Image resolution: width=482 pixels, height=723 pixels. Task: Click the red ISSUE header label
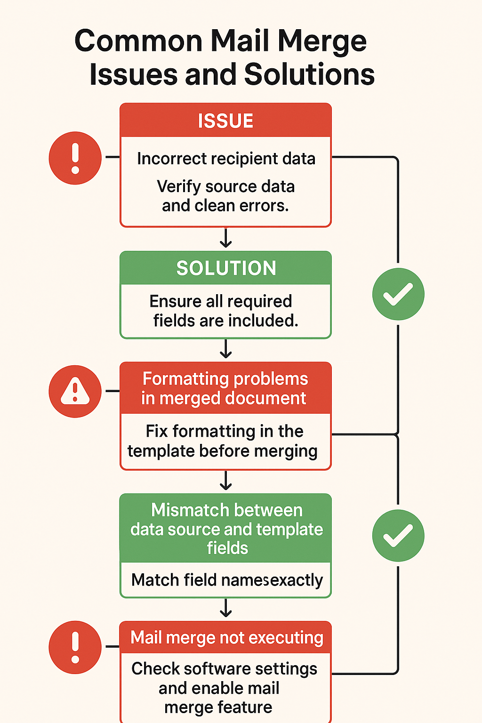(225, 121)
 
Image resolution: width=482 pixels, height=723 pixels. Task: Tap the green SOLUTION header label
(226, 268)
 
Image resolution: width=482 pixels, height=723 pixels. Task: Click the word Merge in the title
(322, 41)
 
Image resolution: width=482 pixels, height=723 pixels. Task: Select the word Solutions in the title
(309, 75)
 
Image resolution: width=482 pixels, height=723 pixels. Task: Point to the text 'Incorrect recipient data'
(226, 159)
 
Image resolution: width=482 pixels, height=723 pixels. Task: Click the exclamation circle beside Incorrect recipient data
(75, 158)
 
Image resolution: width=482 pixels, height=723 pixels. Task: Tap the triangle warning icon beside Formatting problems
(75, 391)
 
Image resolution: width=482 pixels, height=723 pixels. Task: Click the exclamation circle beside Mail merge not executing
(75, 647)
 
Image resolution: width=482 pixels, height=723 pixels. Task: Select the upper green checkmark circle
(398, 294)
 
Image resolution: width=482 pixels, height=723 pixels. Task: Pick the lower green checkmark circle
(398, 536)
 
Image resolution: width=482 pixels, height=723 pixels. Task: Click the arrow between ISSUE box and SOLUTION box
(226, 238)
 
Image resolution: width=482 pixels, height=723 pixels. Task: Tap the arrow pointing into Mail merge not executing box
(226, 608)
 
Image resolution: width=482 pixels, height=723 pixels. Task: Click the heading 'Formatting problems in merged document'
(225, 388)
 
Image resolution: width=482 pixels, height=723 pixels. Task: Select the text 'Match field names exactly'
(227, 580)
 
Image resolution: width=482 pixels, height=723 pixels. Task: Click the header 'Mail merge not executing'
(226, 637)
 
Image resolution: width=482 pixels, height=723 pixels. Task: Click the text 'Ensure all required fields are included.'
(225, 311)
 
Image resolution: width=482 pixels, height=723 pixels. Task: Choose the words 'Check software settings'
(224, 668)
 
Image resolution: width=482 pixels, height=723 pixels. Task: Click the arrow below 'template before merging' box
(226, 481)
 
